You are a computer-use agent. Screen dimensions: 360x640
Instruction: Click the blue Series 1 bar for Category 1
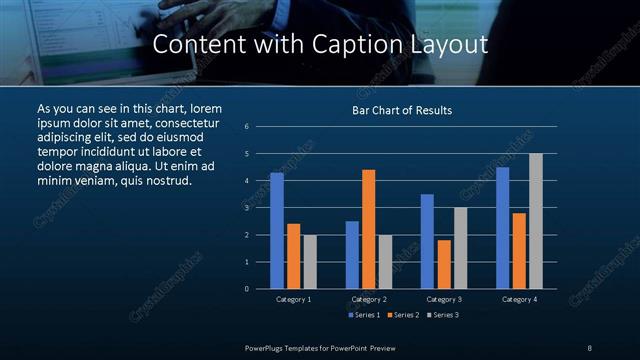[277, 230]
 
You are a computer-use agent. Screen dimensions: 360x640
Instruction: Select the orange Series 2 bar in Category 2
[369, 229]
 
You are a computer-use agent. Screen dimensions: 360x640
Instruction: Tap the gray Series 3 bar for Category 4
[536, 221]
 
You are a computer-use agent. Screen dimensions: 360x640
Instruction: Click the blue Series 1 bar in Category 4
[503, 227]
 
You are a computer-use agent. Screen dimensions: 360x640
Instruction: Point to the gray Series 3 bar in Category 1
[310, 261]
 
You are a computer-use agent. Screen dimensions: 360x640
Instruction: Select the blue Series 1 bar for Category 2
[352, 254]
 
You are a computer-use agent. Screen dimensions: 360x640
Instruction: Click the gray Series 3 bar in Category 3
[460, 248]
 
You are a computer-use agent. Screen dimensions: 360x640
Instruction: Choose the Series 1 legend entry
[362, 315]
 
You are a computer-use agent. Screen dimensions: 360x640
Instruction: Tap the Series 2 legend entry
[402, 315]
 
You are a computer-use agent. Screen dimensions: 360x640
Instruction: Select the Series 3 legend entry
[442, 315]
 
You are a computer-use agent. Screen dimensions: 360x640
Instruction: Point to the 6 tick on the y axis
[247, 127]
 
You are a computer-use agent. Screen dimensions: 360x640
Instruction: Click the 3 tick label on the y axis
[247, 208]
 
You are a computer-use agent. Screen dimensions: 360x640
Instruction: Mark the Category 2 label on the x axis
[369, 299]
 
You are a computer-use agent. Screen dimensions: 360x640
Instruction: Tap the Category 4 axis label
[519, 299]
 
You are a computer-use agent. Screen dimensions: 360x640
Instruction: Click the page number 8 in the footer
[590, 347]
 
